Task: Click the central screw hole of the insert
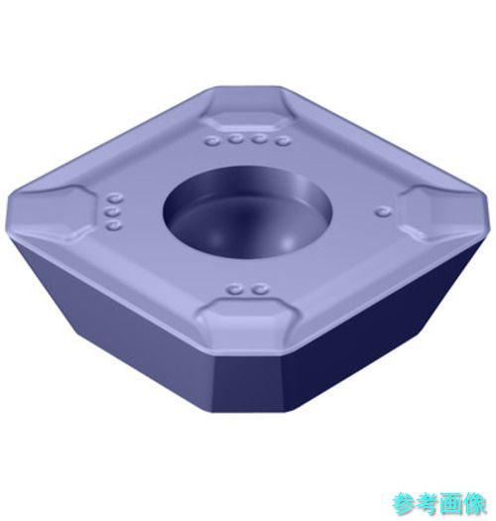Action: coord(247,212)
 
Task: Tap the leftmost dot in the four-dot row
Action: coord(213,141)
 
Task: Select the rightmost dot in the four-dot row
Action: coord(283,141)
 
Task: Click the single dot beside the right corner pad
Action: coord(383,210)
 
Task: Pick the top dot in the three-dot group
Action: coord(115,198)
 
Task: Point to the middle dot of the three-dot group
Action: coord(113,212)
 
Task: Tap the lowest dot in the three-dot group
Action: coord(114,226)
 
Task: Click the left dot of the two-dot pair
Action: coord(236,290)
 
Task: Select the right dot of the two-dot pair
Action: coord(261,290)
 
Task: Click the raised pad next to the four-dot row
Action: coord(245,120)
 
